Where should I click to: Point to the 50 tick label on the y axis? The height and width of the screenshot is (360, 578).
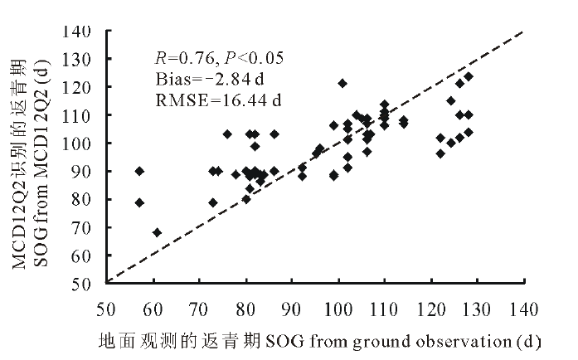tap(89, 283)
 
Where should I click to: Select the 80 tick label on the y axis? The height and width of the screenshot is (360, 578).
tap(89, 199)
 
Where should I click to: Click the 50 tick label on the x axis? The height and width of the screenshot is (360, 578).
tap(105, 308)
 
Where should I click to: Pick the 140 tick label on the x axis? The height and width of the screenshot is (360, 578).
tap(523, 308)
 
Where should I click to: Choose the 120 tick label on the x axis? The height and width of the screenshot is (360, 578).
tap(430, 308)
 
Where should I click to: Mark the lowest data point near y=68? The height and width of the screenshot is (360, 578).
tap(157, 232)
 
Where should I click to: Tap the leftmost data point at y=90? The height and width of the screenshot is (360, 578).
tap(139, 171)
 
